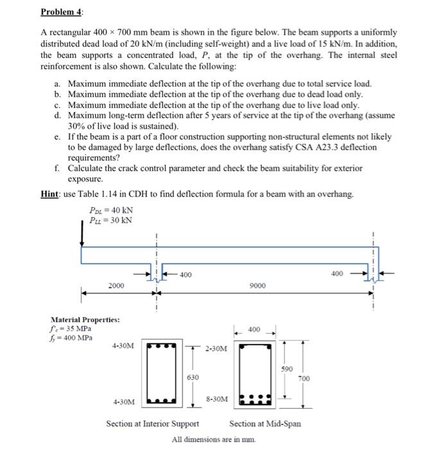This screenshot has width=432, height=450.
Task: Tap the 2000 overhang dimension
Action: pyautogui.click(x=117, y=285)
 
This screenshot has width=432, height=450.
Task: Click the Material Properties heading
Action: pyautogui.click(x=85, y=319)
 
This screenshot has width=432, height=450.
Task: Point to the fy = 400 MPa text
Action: pyautogui.click(x=71, y=337)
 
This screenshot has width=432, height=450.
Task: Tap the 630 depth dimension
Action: pyautogui.click(x=192, y=377)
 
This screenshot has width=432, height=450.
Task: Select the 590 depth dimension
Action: pyautogui.click(x=287, y=370)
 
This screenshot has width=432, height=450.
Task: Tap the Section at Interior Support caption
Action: pyautogui.click(x=151, y=424)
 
